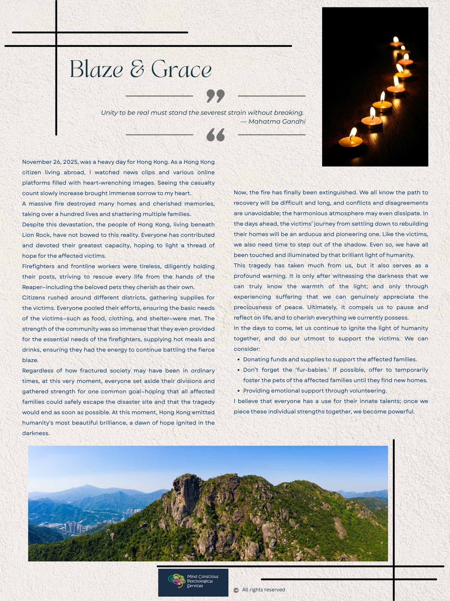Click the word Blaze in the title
point(96,69)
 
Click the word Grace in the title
point(181,69)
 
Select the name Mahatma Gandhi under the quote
point(277,122)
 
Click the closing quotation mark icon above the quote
point(215,96)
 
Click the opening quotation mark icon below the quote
point(215,135)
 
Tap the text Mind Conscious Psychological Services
point(202,581)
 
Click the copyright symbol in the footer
point(236,590)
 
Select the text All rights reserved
point(263,590)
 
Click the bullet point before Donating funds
point(239,359)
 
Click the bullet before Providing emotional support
point(239,391)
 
